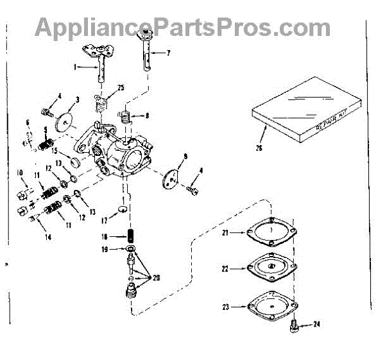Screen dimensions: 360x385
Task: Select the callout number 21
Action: coord(225,233)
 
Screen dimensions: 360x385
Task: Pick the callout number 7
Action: coord(169,53)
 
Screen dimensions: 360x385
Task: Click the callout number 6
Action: coord(28,122)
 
